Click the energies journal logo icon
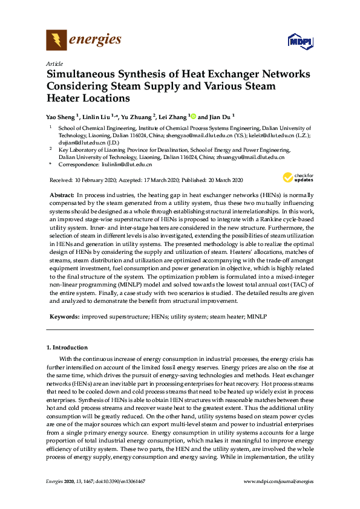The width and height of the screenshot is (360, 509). click(x=57, y=41)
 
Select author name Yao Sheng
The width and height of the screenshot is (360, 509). click(x=61, y=117)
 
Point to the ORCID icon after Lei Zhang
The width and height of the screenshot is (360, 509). click(x=193, y=116)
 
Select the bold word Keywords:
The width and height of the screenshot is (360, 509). click(x=64, y=316)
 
